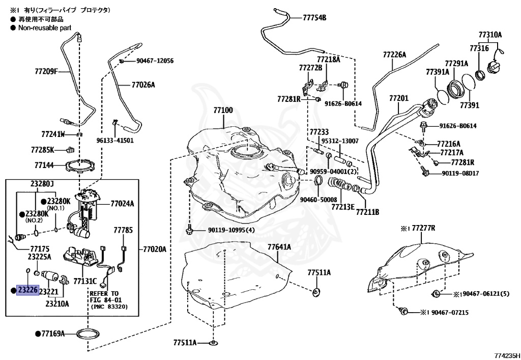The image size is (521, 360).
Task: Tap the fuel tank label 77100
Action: (223, 110)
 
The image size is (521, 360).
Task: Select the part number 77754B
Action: (314, 18)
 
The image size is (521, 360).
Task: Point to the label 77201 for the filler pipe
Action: (399, 98)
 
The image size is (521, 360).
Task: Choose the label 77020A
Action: (155, 249)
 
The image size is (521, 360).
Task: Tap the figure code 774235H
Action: (507, 355)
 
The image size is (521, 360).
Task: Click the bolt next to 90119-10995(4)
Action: (189, 230)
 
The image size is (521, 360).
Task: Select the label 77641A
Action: (279, 247)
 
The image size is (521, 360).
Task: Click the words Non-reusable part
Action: (45, 28)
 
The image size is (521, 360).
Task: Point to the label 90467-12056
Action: (155, 61)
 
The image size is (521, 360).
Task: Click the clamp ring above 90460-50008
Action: (318, 181)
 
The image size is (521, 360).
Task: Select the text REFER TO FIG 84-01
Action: (104, 297)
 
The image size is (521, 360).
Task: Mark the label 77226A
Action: (394, 54)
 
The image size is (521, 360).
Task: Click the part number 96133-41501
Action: (115, 140)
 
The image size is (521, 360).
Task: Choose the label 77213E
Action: (343, 207)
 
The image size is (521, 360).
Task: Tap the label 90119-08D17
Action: (460, 173)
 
